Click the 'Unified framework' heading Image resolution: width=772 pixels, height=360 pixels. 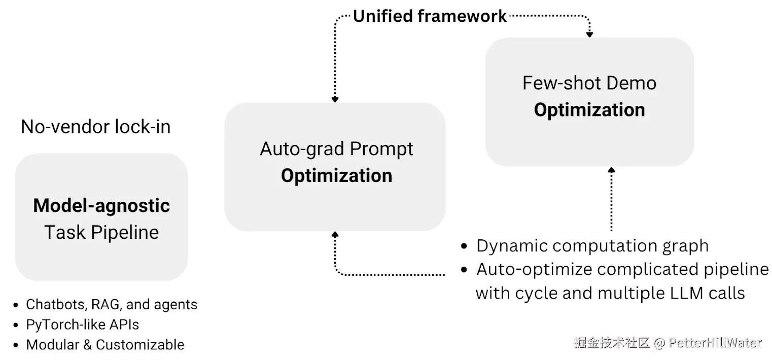(430, 16)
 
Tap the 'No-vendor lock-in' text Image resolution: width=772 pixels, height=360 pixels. (96, 126)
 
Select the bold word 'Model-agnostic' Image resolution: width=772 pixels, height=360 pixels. (101, 206)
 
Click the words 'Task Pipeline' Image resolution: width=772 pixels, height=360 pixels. (101, 232)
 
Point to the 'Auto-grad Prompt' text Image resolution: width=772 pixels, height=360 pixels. (336, 149)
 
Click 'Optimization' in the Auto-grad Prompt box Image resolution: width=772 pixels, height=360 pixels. (336, 176)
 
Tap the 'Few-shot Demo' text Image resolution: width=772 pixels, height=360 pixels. (589, 83)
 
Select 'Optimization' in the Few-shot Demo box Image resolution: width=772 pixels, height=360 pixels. (589, 110)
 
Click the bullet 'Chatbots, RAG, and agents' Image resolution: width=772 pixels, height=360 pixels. (111, 305)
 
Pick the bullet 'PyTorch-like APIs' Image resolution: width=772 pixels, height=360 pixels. (82, 325)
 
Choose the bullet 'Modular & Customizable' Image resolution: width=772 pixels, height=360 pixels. (105, 344)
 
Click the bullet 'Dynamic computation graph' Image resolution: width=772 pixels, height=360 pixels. (592, 246)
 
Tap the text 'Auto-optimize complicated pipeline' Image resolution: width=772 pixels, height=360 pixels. (622, 269)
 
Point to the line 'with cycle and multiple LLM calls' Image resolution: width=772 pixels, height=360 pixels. (610, 293)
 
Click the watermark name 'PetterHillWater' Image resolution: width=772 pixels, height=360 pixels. (715, 343)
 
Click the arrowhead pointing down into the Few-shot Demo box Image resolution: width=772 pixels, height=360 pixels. (590, 34)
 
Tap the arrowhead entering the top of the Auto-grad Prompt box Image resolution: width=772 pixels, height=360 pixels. (335, 99)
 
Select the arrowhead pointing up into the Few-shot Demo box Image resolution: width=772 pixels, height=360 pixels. (611, 170)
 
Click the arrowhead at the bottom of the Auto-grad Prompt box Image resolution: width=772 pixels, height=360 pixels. (335, 235)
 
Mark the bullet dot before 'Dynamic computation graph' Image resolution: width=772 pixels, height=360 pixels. (464, 246)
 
